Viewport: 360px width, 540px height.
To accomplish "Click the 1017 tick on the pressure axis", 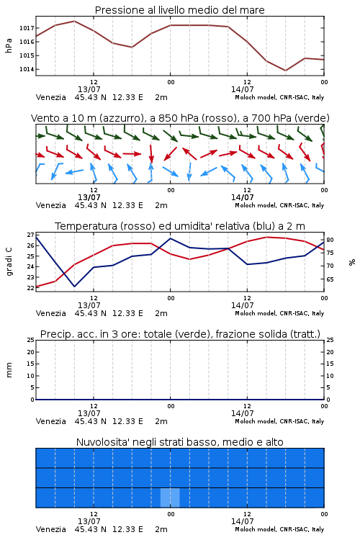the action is pos(27,28).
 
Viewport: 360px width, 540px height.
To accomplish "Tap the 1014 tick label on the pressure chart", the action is pos(27,69).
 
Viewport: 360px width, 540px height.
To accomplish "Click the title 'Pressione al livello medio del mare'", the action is pos(179,10).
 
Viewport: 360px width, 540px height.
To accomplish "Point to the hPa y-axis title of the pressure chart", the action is pos(9,45).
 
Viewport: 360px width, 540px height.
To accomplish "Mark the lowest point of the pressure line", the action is pos(285,71).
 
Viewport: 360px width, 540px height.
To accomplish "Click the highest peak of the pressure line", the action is pos(74,21).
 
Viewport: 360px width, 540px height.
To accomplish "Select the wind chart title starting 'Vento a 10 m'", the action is pos(180,118).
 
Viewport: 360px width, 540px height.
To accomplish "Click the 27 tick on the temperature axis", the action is pos(30,235).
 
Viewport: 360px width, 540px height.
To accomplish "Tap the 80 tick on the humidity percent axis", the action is pos(330,240).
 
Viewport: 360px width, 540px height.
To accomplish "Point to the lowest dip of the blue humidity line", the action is pos(74,286).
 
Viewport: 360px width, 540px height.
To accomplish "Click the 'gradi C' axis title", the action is pos(9,261).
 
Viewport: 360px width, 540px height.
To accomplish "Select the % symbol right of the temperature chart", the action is pos(352,262).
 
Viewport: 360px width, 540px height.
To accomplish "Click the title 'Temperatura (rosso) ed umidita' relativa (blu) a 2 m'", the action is pos(180,226).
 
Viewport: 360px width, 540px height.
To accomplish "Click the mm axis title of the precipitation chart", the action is pos(9,370).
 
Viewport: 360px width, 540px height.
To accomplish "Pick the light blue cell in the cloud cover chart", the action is pos(170,498).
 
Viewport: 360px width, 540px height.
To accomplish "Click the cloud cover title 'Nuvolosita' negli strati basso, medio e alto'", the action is pos(179,442).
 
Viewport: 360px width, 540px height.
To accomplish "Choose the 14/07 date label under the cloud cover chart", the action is pos(242,521).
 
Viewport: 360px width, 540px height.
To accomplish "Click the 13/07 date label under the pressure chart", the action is pos(89,89).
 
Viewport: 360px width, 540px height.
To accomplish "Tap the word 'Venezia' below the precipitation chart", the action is pos(50,421).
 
